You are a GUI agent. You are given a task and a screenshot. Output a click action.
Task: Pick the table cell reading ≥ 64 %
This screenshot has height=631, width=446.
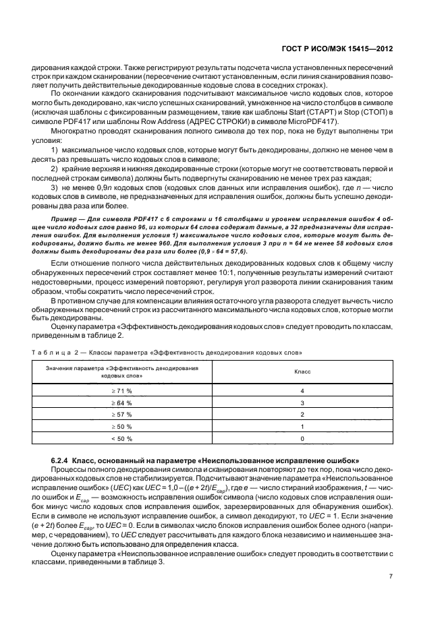[121, 402]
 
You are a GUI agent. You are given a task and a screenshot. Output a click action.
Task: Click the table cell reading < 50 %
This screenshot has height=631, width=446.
[121, 438]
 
